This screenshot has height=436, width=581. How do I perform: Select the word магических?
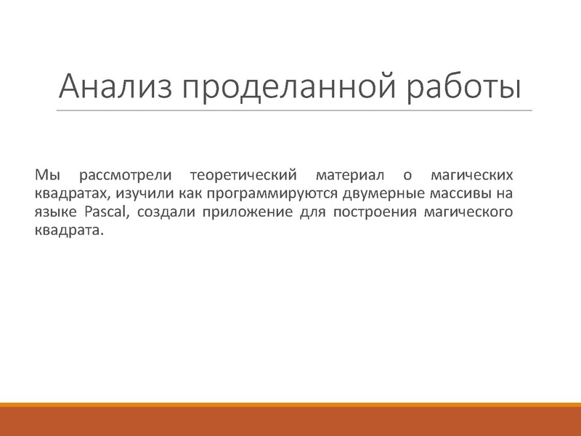coord(471,175)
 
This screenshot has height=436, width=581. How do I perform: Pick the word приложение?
coord(239,213)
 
